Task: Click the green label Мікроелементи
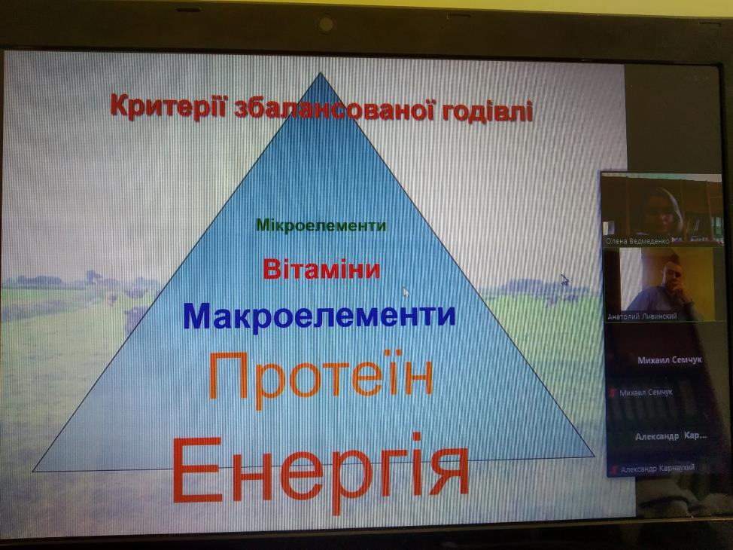click(321, 225)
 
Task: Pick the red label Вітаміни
click(321, 269)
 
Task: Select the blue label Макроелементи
click(319, 316)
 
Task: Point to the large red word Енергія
click(321, 470)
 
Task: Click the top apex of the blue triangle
click(321, 72)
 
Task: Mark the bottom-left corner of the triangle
click(32, 471)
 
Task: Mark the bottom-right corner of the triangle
click(595, 456)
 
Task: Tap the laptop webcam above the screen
click(325, 23)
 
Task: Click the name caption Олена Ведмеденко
click(637, 241)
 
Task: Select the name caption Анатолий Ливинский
click(642, 316)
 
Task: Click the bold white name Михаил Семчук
click(670, 360)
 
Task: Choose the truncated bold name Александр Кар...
click(671, 436)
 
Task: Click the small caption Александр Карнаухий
click(658, 468)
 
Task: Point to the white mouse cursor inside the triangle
click(406, 292)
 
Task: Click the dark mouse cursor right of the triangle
click(564, 280)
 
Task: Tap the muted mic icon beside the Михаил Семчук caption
click(613, 393)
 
